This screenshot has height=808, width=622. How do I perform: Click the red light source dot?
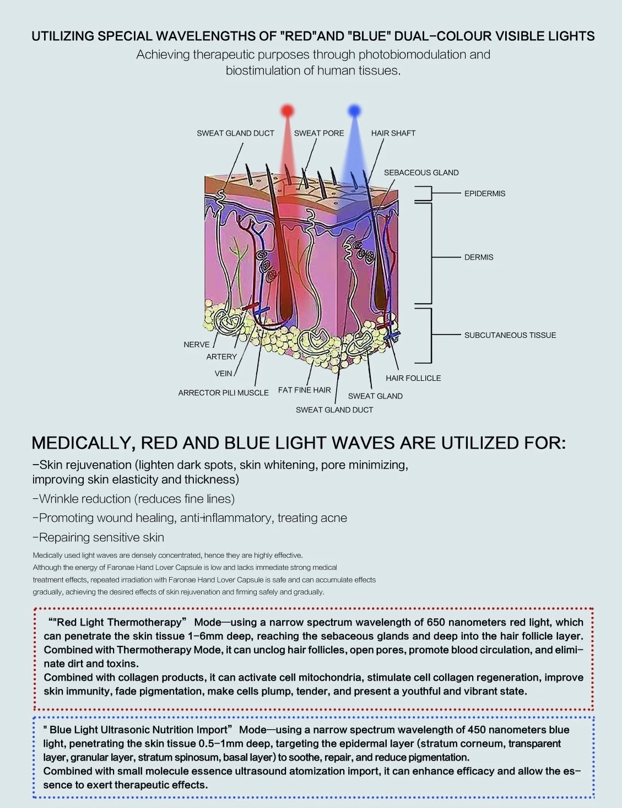(288, 111)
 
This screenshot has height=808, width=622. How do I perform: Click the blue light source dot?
(354, 111)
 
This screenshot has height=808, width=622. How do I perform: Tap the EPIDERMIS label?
(484, 193)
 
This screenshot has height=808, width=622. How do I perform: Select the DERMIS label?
(478, 257)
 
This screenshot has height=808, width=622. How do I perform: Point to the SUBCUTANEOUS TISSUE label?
(510, 335)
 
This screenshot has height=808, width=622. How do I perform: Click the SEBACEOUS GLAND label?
(421, 173)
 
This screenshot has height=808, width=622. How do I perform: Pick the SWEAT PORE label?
(318, 133)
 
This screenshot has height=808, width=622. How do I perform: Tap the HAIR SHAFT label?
(393, 133)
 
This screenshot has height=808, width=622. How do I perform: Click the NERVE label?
(197, 344)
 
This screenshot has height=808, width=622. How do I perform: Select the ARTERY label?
(221, 357)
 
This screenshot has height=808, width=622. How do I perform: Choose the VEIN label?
(223, 373)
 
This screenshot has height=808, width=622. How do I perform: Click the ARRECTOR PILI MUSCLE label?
(223, 393)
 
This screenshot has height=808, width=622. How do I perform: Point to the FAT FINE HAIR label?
(304, 390)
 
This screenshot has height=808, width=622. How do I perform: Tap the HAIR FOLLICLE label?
(413, 378)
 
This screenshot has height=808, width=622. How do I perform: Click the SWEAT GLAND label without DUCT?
(375, 396)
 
